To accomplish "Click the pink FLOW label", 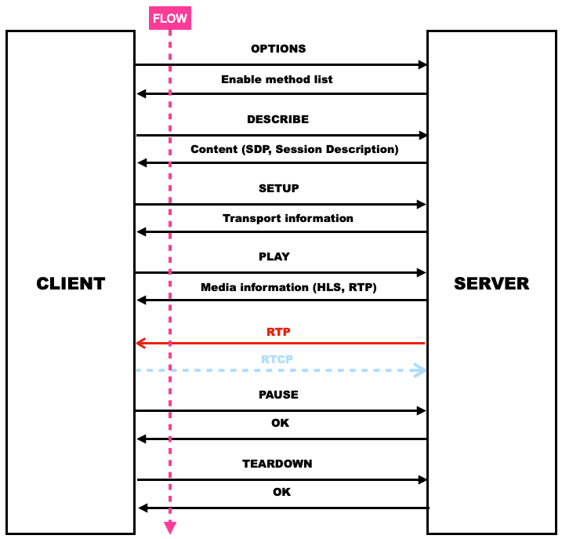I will (x=170, y=18).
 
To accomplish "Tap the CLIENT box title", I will (x=71, y=283).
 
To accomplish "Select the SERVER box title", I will (x=491, y=283).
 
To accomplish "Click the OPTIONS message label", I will (x=278, y=49).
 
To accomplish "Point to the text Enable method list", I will (x=277, y=79).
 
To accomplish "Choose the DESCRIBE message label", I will (x=277, y=119).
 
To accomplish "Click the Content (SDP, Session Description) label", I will (x=295, y=149).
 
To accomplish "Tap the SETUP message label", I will (x=278, y=188).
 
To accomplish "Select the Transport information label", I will (x=288, y=218).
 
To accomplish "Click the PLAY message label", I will (x=274, y=257).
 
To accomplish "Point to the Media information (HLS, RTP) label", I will (x=288, y=287).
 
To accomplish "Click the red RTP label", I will (x=278, y=332).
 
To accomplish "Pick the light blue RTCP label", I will (x=278, y=359).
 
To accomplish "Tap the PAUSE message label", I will (x=278, y=395).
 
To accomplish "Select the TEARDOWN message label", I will (x=277, y=464).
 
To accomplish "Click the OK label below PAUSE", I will (x=280, y=423).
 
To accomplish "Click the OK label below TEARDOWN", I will (x=281, y=492).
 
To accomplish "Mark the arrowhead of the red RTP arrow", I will (x=141, y=343).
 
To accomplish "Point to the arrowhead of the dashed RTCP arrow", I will (x=420, y=370).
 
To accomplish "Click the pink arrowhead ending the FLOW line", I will (x=170, y=527).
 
